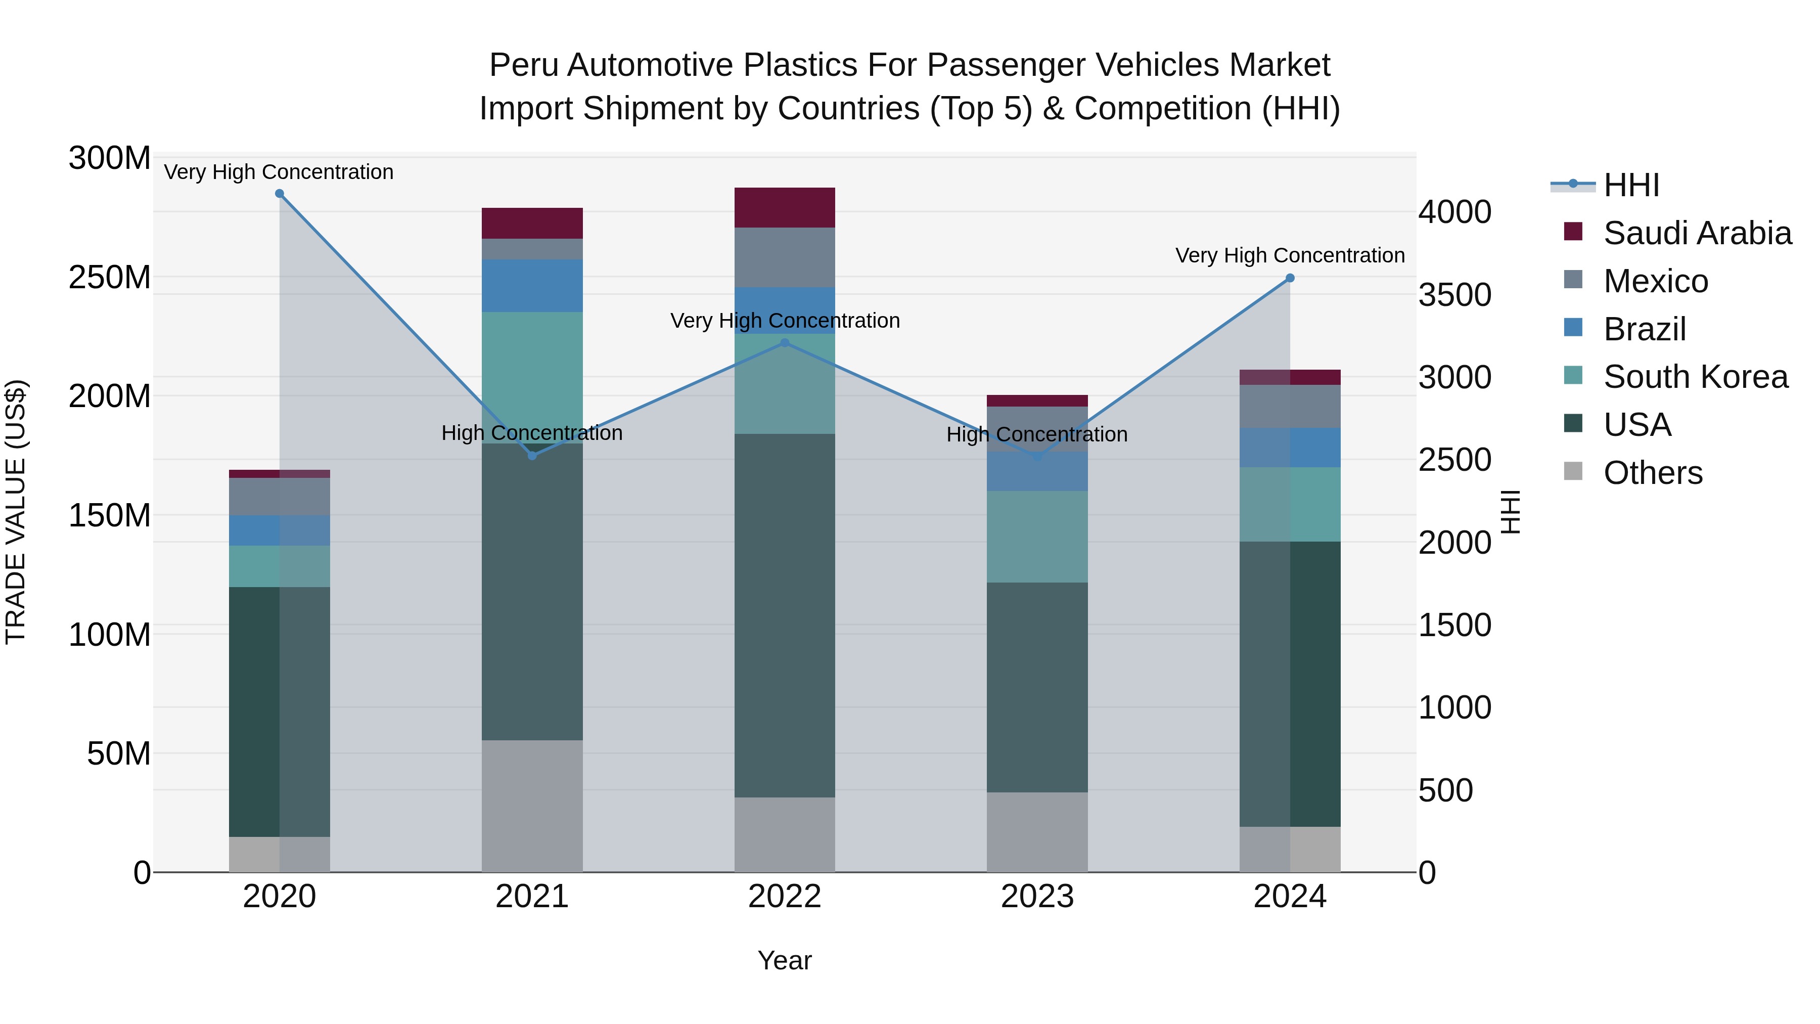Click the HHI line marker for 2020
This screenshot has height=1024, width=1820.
pos(279,194)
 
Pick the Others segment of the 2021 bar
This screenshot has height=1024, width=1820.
pos(532,806)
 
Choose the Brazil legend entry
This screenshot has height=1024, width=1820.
pos(1644,329)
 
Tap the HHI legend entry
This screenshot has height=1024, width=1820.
pos(1630,185)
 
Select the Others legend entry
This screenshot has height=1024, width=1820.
pos(1653,473)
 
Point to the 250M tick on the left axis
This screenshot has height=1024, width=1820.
pos(110,277)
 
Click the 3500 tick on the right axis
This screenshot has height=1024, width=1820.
pos(1454,295)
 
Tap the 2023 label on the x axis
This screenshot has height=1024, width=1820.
pos(1037,897)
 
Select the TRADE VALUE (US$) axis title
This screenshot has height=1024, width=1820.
pos(16,512)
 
